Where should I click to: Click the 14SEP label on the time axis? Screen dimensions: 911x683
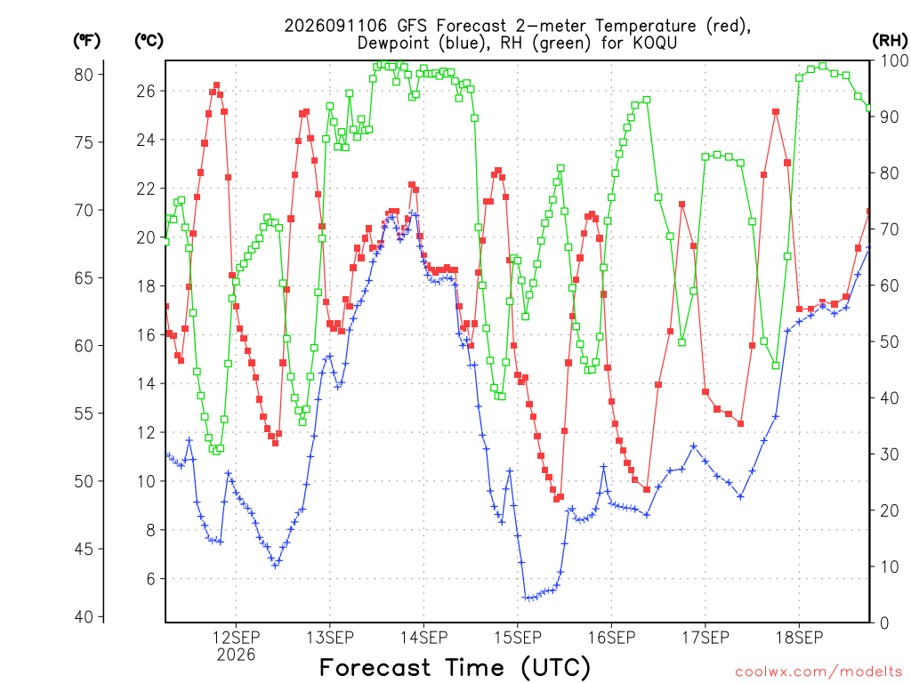click(x=424, y=638)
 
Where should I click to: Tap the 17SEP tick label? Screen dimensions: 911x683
click(x=705, y=638)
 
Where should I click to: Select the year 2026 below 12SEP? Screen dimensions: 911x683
click(x=236, y=655)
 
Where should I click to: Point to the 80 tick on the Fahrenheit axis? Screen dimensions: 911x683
click(x=84, y=75)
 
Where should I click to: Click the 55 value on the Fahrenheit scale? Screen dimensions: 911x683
click(x=84, y=414)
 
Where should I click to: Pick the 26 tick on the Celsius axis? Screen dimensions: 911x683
click(x=146, y=92)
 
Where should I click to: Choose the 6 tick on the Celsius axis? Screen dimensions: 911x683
click(x=151, y=579)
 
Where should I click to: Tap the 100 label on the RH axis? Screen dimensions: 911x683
click(x=895, y=60)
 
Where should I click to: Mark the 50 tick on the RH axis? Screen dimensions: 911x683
click(x=890, y=341)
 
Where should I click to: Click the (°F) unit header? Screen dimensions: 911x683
click(x=86, y=41)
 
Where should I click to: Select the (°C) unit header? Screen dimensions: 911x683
click(x=149, y=41)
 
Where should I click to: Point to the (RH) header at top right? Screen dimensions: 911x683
click(x=890, y=41)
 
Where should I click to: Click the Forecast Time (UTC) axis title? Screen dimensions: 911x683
click(x=455, y=668)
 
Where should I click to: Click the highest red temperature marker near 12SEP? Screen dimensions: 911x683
click(x=217, y=85)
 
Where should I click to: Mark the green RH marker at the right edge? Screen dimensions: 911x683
click(x=869, y=108)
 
